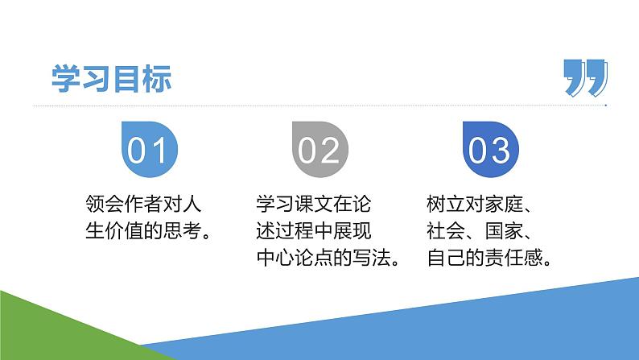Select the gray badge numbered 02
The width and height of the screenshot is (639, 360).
319,149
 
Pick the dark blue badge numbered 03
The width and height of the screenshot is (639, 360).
490,149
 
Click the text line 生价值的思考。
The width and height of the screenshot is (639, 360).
150,231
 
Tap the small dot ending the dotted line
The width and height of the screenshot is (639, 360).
605,106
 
